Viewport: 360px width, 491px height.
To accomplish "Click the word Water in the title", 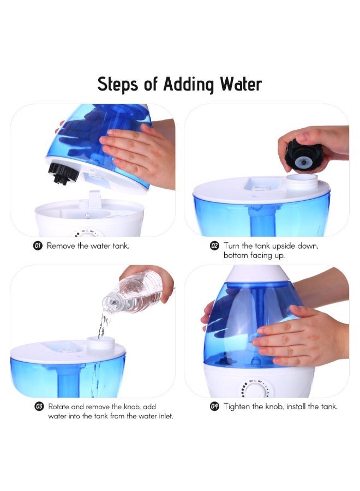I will coord(241,85).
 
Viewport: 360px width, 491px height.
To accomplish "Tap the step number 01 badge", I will coord(38,246).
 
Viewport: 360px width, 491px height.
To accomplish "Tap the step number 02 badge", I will coord(215,246).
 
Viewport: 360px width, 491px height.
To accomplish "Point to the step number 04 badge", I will coord(215,407).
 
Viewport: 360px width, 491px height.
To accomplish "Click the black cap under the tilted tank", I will coord(61,173).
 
